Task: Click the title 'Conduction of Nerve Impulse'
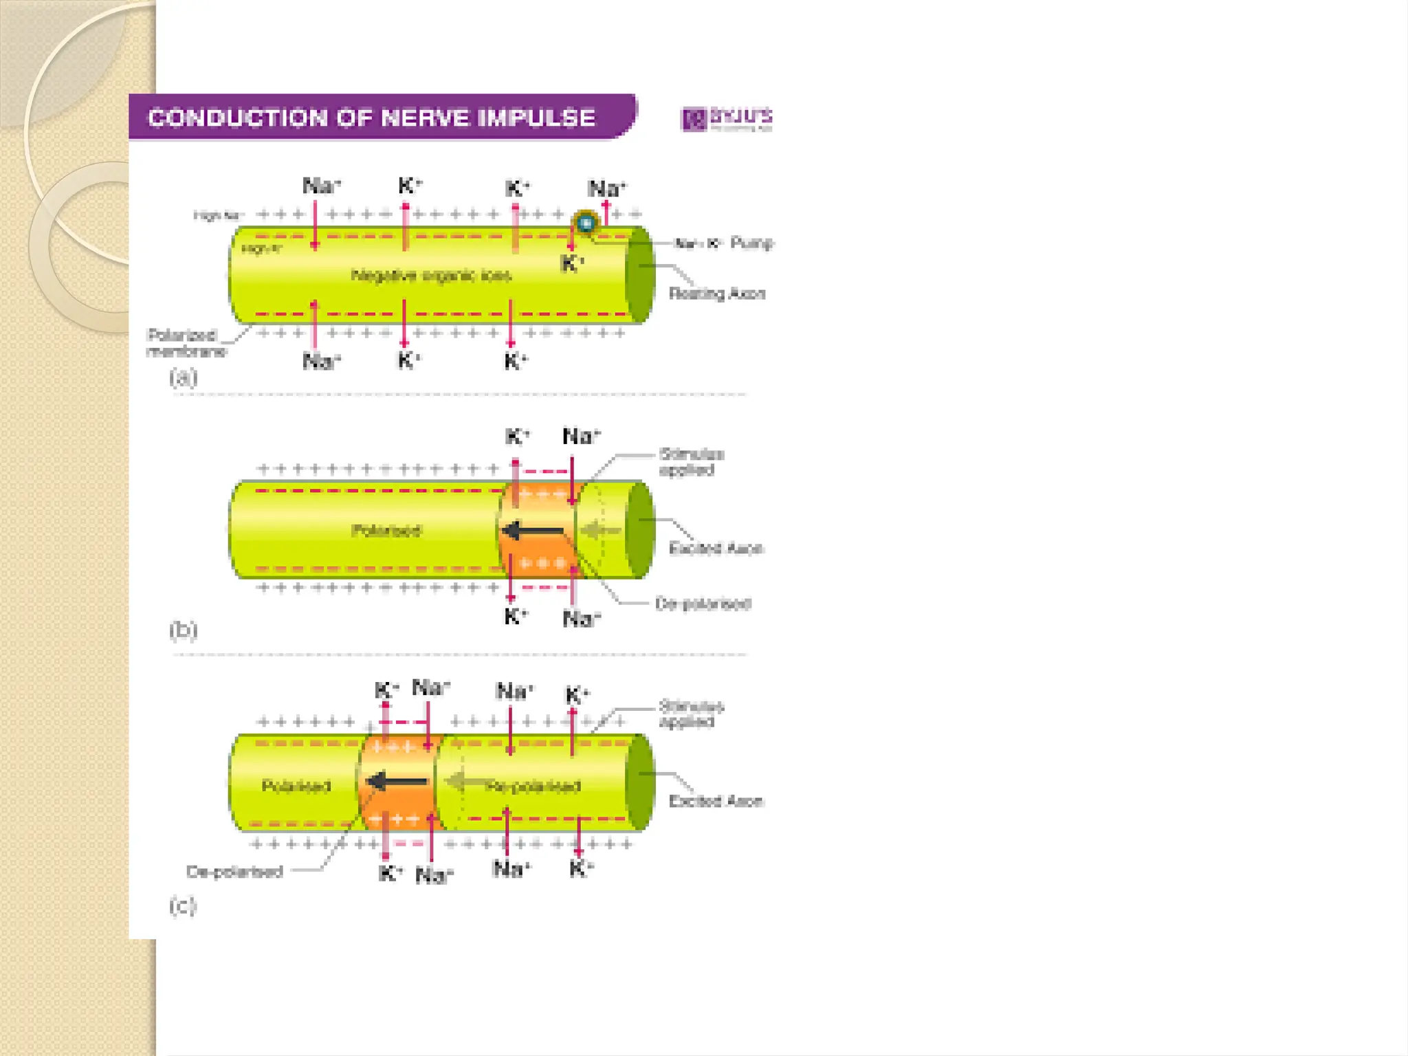(x=371, y=118)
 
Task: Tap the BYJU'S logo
(x=726, y=118)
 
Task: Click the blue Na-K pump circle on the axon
(x=586, y=223)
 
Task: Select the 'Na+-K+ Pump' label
(x=724, y=243)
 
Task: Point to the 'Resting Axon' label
(x=716, y=294)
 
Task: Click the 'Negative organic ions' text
(x=431, y=276)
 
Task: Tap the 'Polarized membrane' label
(x=186, y=342)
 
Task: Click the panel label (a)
(x=183, y=377)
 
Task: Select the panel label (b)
(x=183, y=630)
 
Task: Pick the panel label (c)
(x=183, y=905)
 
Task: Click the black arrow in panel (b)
(x=533, y=531)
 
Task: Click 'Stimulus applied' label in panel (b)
(x=690, y=462)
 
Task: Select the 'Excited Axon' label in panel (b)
(x=716, y=548)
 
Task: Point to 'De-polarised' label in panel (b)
(x=703, y=604)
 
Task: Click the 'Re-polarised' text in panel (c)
(x=533, y=786)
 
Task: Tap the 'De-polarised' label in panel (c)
(x=234, y=872)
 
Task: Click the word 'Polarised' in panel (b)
(x=386, y=530)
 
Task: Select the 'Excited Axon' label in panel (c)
(x=716, y=801)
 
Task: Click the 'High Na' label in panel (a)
(x=217, y=216)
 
